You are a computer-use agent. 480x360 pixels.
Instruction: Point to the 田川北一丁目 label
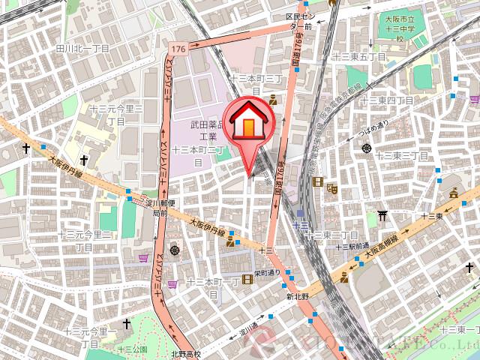(x=82, y=48)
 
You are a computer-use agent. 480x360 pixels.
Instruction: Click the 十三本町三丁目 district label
(x=255, y=82)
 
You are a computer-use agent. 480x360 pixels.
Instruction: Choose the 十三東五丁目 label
(x=357, y=56)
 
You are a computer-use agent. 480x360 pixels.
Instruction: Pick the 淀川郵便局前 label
(x=159, y=208)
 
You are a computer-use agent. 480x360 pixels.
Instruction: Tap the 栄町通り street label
(x=266, y=272)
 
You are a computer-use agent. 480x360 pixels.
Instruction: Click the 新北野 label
(x=298, y=297)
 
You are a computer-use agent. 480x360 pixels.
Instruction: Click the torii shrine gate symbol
(x=382, y=215)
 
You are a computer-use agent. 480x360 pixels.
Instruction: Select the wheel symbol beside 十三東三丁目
(x=367, y=148)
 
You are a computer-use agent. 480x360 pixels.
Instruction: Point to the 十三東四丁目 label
(x=387, y=100)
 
